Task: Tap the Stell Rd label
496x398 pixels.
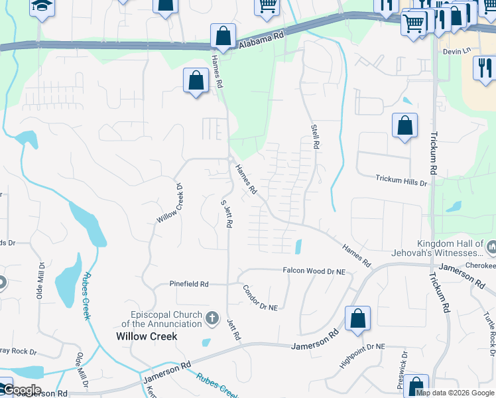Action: pyautogui.click(x=316, y=135)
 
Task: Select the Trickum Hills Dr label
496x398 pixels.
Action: pyautogui.click(x=401, y=178)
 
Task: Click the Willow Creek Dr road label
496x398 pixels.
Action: pyautogui.click(x=168, y=202)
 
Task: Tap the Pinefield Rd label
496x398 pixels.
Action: pyautogui.click(x=188, y=284)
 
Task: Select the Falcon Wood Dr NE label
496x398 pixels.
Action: pyautogui.click(x=314, y=271)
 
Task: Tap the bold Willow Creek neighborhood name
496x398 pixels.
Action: pyautogui.click(x=147, y=336)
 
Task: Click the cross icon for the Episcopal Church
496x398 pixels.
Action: pyautogui.click(x=212, y=318)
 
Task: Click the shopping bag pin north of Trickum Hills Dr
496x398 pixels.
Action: pyautogui.click(x=404, y=125)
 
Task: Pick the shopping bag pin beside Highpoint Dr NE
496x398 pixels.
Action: pyautogui.click(x=357, y=318)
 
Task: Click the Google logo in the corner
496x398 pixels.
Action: pyautogui.click(x=21, y=390)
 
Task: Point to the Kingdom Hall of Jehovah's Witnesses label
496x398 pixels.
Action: pyautogui.click(x=450, y=249)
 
